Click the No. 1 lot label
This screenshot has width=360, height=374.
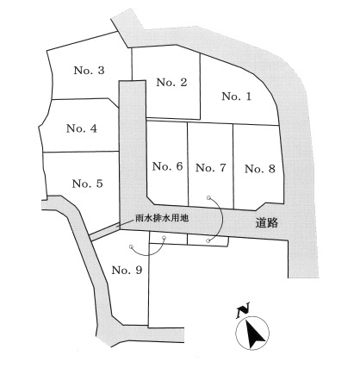(237, 97)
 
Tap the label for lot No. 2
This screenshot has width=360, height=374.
(171, 83)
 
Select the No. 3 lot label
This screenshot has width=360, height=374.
(89, 71)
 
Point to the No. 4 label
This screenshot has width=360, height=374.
(82, 128)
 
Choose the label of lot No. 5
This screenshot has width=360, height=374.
(87, 184)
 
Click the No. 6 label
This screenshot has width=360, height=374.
(167, 166)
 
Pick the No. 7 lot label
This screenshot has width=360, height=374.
(211, 168)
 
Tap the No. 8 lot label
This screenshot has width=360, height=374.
(260, 169)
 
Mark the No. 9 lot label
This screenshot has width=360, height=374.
(127, 270)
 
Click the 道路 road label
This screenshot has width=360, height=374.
(267, 223)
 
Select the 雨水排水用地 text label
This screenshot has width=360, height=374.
(162, 218)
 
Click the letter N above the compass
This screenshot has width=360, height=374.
(243, 310)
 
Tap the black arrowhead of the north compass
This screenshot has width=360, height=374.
(253, 334)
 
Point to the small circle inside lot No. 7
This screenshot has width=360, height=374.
(208, 197)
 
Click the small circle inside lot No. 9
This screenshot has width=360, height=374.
(131, 246)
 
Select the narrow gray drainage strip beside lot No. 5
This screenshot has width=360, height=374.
(104, 232)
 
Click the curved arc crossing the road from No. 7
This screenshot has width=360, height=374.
(221, 219)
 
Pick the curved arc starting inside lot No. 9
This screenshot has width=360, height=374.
(149, 254)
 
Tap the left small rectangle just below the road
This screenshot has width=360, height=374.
(169, 239)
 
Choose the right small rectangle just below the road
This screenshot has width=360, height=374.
(208, 240)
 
